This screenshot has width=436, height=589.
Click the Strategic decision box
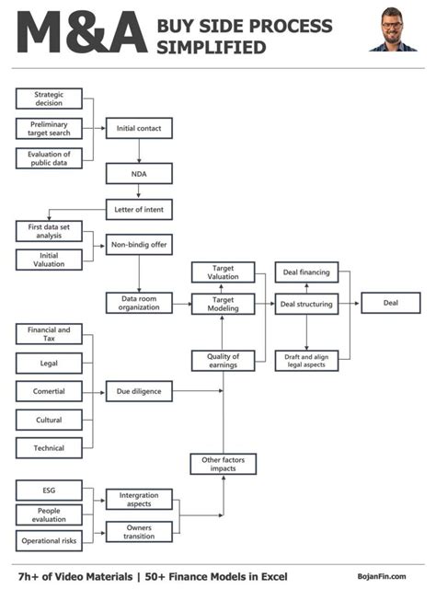(x=49, y=98)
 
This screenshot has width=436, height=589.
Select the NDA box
(x=139, y=174)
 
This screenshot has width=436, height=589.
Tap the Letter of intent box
(x=139, y=209)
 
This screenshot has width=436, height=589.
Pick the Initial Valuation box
(x=49, y=260)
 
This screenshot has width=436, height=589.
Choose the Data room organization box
(x=139, y=303)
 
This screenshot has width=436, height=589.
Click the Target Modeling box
(x=224, y=304)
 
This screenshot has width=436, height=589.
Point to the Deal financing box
(x=306, y=272)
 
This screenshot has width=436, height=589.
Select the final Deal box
(x=391, y=303)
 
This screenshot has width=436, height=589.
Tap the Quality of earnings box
(x=224, y=361)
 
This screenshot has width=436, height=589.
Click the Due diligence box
(x=139, y=391)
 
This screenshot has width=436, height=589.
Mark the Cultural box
(x=49, y=420)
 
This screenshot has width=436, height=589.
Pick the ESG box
(x=49, y=491)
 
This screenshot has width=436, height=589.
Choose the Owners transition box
(x=139, y=532)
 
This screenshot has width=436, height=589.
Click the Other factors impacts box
(x=224, y=464)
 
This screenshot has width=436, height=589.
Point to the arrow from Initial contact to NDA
(x=139, y=151)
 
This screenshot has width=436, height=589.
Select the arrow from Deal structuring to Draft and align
(x=306, y=332)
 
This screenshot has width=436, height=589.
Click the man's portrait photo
(x=393, y=29)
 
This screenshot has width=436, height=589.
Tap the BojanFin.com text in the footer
(x=382, y=576)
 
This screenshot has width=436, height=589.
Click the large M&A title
(x=82, y=32)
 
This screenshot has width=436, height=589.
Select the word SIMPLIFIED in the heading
(x=212, y=48)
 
